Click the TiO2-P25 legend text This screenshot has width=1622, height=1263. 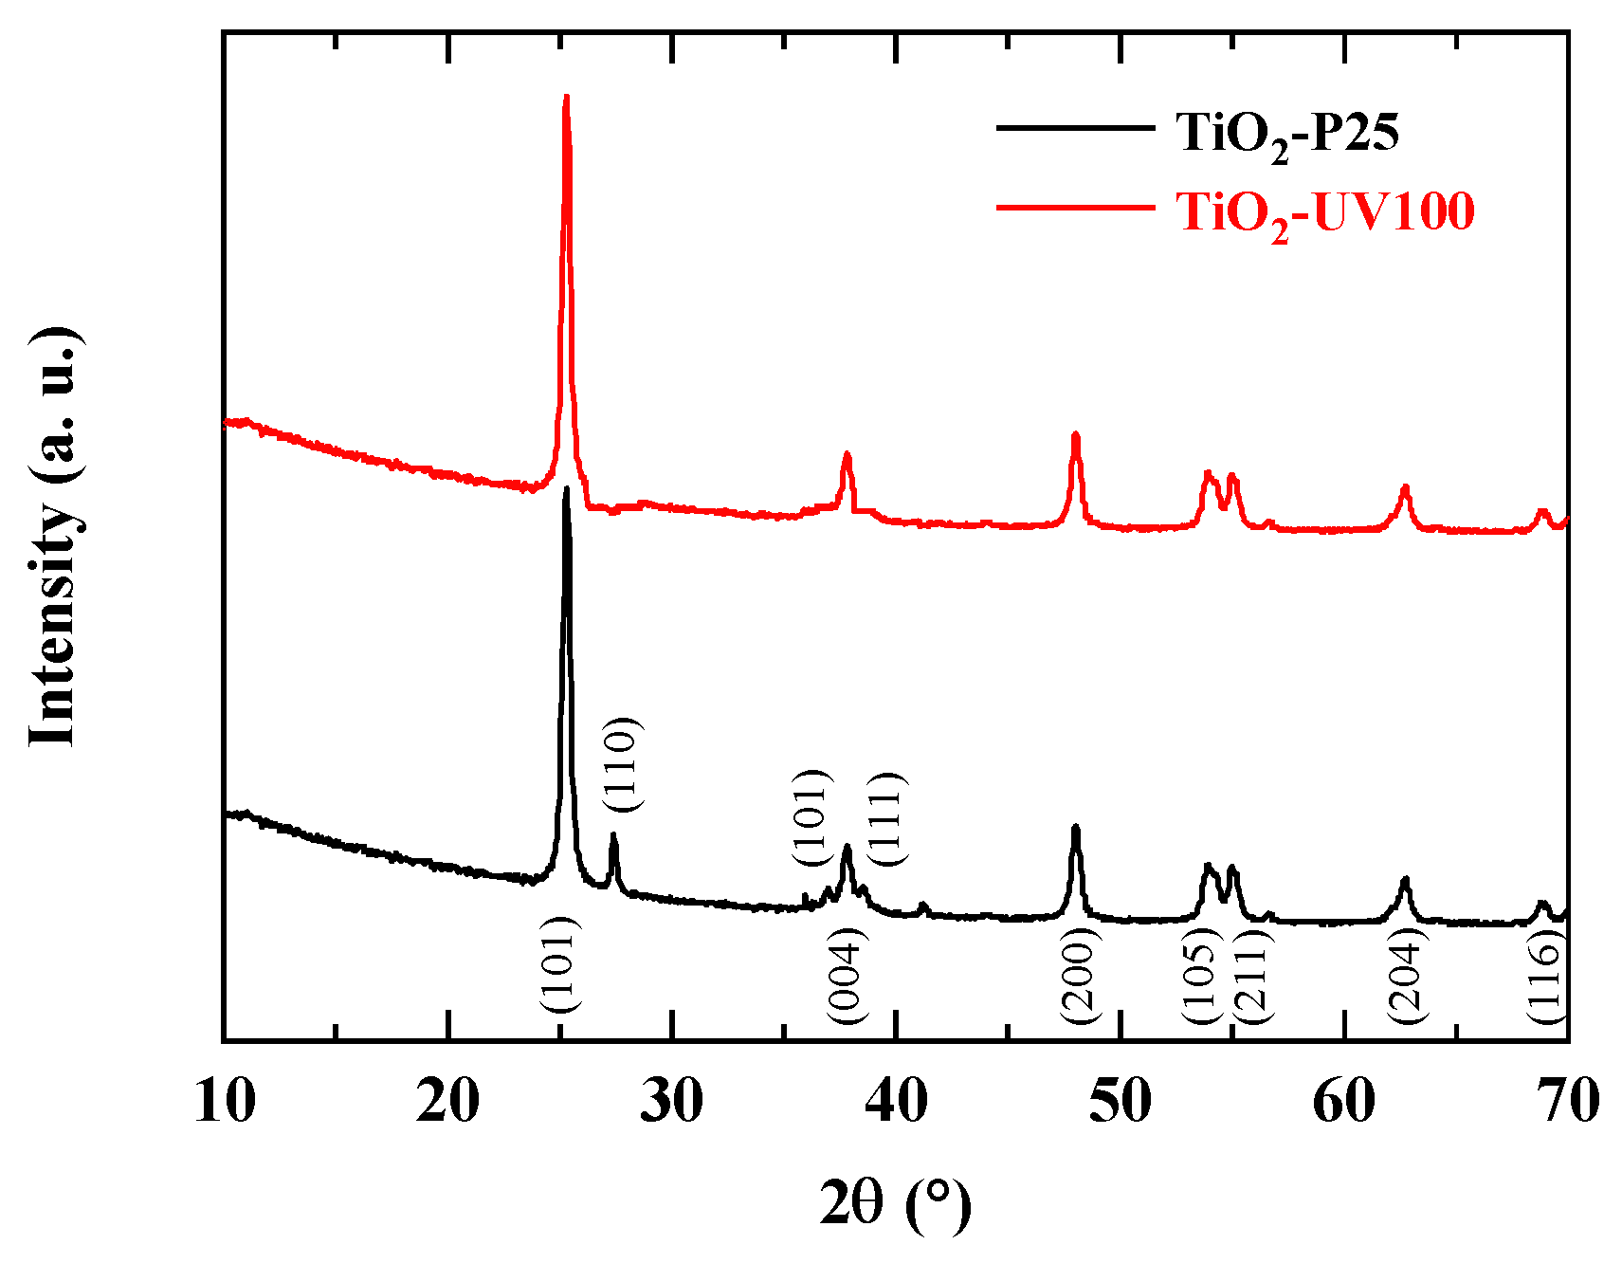click(1287, 134)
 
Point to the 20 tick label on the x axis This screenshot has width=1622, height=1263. click(447, 1102)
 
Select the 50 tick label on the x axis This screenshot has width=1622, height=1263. click(1121, 1102)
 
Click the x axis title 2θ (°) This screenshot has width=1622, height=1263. click(895, 1204)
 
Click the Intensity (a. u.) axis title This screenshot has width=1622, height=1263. click(53, 537)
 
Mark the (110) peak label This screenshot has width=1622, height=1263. click(623, 764)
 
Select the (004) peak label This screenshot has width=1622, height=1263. click(847, 977)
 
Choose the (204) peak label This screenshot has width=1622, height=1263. click(1407, 977)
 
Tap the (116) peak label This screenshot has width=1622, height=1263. click(1545, 977)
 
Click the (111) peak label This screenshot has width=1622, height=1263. click(888, 818)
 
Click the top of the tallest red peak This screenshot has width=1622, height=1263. click(566, 96)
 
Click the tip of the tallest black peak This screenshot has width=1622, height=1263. click(566, 488)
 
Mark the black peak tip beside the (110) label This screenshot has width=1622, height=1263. click(613, 835)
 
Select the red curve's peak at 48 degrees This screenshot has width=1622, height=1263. click(1075, 434)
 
